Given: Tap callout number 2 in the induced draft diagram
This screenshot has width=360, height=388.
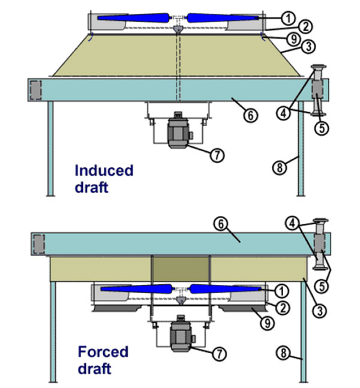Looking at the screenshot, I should (289, 28).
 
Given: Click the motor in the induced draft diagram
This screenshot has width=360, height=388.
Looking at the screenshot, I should (178, 131).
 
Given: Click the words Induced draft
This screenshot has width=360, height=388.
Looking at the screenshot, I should (103, 178).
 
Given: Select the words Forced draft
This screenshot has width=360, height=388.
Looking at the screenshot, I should (104, 357).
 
